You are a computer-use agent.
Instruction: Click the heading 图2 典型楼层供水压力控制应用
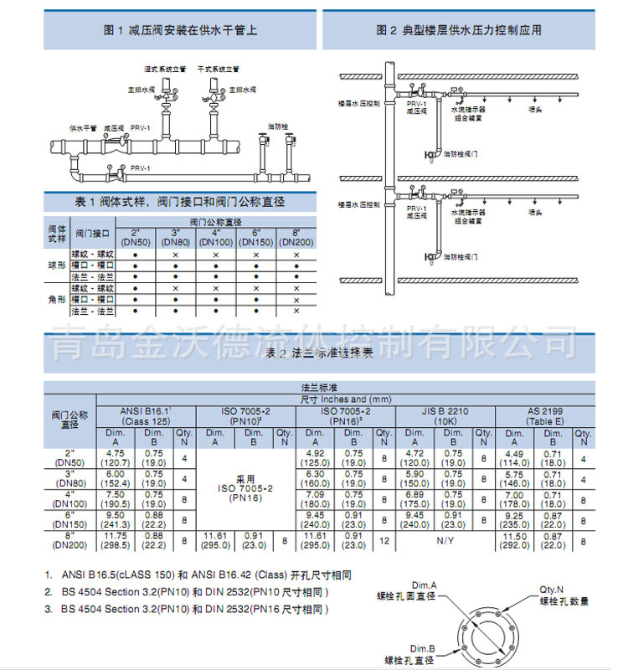[x=459, y=30]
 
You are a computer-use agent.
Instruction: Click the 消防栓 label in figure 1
[x=277, y=126]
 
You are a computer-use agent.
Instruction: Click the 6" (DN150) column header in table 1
[x=256, y=238]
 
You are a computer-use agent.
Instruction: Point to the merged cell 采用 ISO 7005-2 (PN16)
[x=245, y=489]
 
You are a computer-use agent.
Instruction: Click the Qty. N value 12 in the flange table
[x=383, y=540]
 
